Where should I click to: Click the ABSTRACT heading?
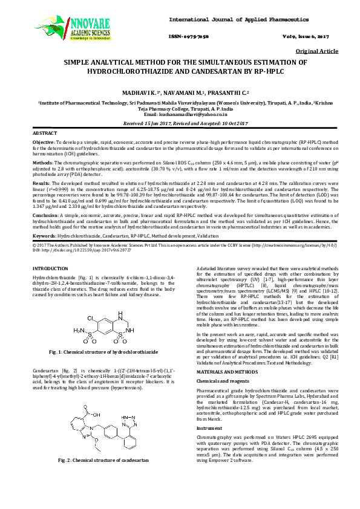coord(45,132)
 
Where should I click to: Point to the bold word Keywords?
coord(44,235)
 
